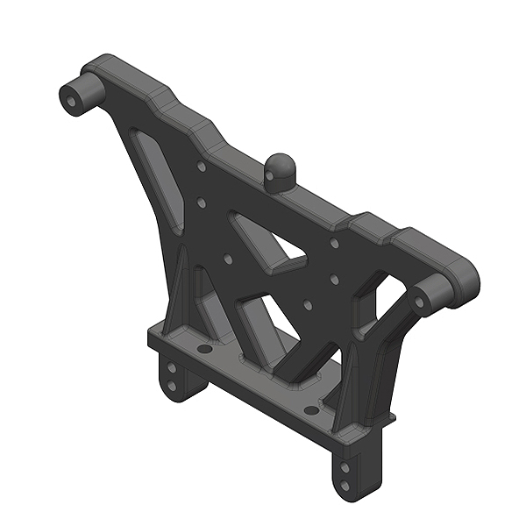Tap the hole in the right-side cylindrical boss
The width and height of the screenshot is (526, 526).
[419, 302]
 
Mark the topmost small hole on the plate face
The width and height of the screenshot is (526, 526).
[203, 165]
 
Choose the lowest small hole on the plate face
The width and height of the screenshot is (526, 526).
[309, 305]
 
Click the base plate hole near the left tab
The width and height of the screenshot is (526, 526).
[204, 349]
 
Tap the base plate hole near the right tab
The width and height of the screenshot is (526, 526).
[309, 409]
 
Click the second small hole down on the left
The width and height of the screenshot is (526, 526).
[202, 203]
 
